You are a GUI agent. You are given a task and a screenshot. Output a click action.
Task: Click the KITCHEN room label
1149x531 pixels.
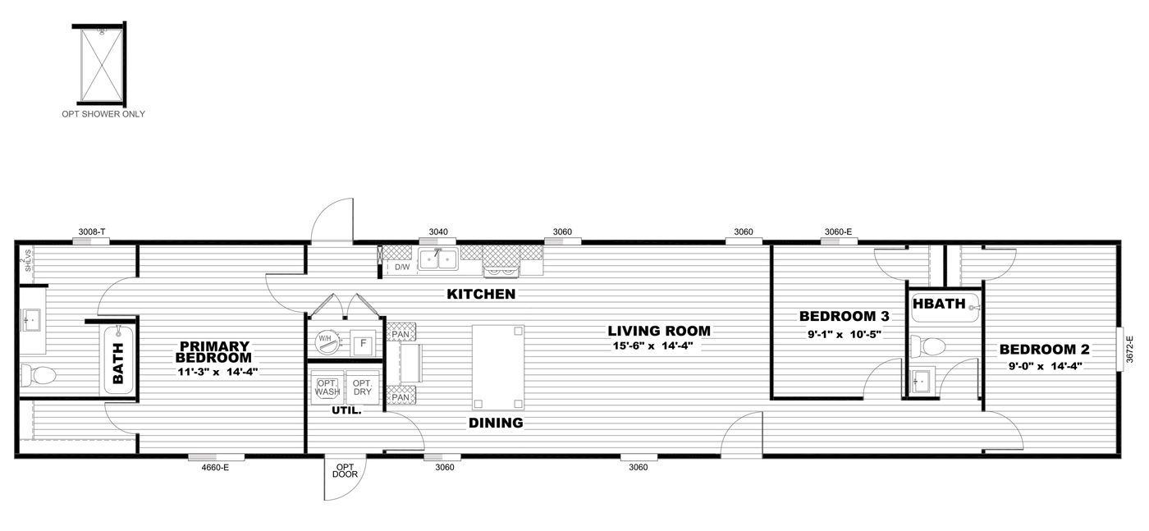481,294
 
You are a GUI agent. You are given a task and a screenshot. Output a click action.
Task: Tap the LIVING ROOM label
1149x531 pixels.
658,332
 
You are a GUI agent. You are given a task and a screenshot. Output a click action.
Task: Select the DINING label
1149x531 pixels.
495,423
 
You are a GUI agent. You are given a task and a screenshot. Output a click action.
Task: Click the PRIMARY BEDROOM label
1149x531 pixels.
213,352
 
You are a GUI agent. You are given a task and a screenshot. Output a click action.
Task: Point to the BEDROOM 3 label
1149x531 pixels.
844,316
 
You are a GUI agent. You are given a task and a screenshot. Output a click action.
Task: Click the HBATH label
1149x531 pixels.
939,304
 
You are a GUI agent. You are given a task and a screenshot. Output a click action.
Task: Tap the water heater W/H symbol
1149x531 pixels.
326,342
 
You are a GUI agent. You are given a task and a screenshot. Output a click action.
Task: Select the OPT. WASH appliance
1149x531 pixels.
327,387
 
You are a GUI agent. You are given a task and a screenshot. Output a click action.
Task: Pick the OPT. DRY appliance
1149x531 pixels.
361,387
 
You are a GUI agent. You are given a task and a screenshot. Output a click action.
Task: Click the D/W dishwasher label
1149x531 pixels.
402,267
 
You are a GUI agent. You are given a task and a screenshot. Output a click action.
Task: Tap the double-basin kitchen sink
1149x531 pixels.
438,260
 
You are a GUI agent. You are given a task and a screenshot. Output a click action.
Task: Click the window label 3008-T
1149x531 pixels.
90,232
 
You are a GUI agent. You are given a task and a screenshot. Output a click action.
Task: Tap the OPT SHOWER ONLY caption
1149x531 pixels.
103,114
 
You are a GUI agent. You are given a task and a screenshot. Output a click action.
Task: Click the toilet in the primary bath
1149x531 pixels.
39,376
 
